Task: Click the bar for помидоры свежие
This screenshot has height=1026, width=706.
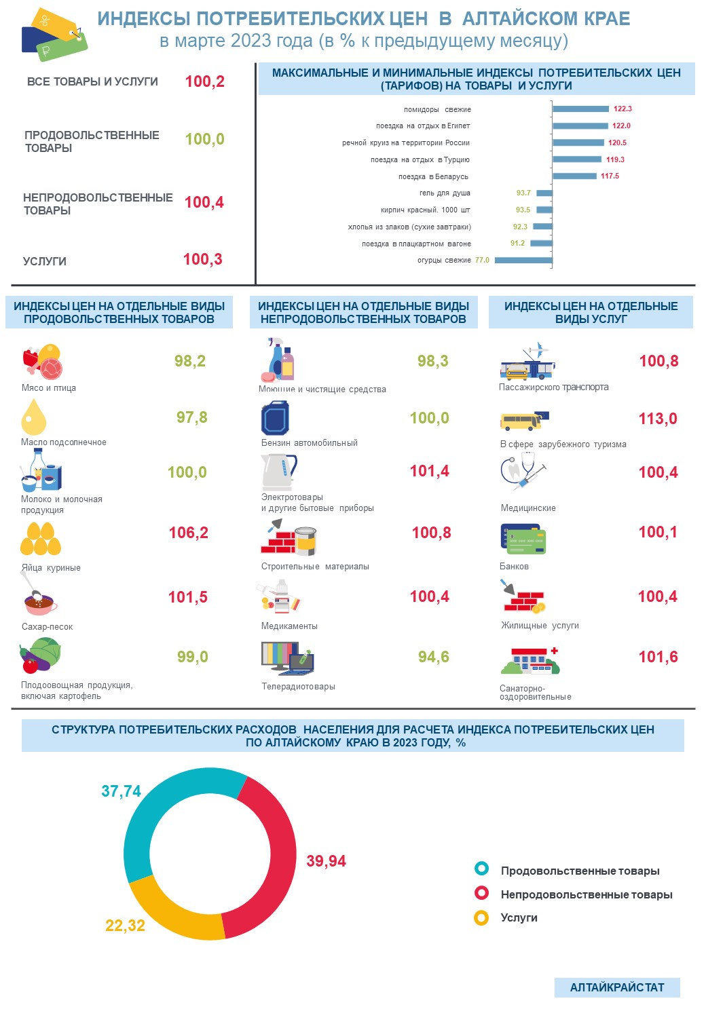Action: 580,109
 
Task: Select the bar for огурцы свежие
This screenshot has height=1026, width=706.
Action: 523,260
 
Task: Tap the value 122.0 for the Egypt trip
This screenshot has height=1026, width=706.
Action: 621,126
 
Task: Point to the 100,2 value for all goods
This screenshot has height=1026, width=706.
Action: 204,81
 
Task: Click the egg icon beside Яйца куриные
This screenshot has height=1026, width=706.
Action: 40,539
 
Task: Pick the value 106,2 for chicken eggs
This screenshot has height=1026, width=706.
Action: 188,533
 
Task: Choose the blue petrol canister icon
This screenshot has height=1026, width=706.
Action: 275,417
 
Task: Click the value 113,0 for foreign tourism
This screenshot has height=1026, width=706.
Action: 657,419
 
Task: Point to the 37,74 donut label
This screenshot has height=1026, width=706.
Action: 121,791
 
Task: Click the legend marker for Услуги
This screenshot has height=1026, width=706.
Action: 481,918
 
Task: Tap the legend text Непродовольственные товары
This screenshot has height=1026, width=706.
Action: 587,894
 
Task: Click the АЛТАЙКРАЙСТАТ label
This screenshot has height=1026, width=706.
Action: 617,987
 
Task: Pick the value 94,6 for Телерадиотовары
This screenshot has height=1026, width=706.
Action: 433,657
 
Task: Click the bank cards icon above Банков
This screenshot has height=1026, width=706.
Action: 523,539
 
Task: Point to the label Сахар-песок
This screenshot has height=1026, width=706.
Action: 47,626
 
